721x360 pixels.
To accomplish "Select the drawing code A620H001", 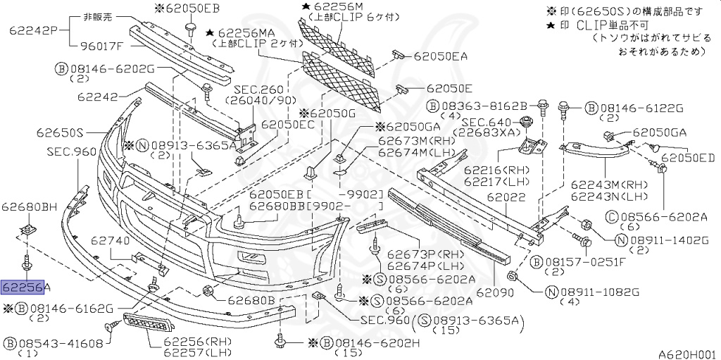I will (x=686, y=354).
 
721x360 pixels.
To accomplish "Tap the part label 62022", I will (x=506, y=199).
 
